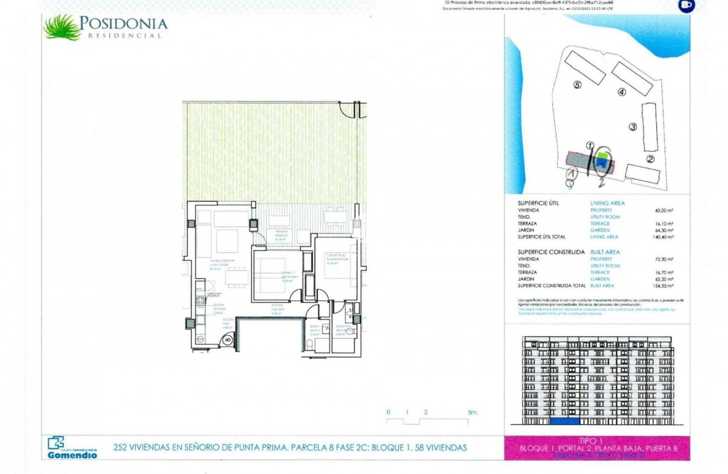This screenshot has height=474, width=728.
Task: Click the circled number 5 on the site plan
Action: (x=577, y=85)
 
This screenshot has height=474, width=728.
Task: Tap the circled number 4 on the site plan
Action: (x=622, y=92)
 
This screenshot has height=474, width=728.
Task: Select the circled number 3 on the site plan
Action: (x=633, y=127)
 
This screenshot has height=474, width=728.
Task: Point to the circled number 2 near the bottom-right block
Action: (x=650, y=159)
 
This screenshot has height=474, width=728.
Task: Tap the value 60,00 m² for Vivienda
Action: (x=664, y=210)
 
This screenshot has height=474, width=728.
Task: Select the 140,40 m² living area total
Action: (x=663, y=237)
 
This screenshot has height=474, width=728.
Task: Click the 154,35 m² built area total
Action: (x=663, y=286)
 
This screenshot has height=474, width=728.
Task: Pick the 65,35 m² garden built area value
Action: (x=664, y=279)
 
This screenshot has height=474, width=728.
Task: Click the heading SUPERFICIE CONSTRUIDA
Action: (x=549, y=252)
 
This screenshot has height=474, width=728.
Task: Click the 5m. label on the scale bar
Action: (x=473, y=412)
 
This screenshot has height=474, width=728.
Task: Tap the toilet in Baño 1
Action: (x=310, y=345)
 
